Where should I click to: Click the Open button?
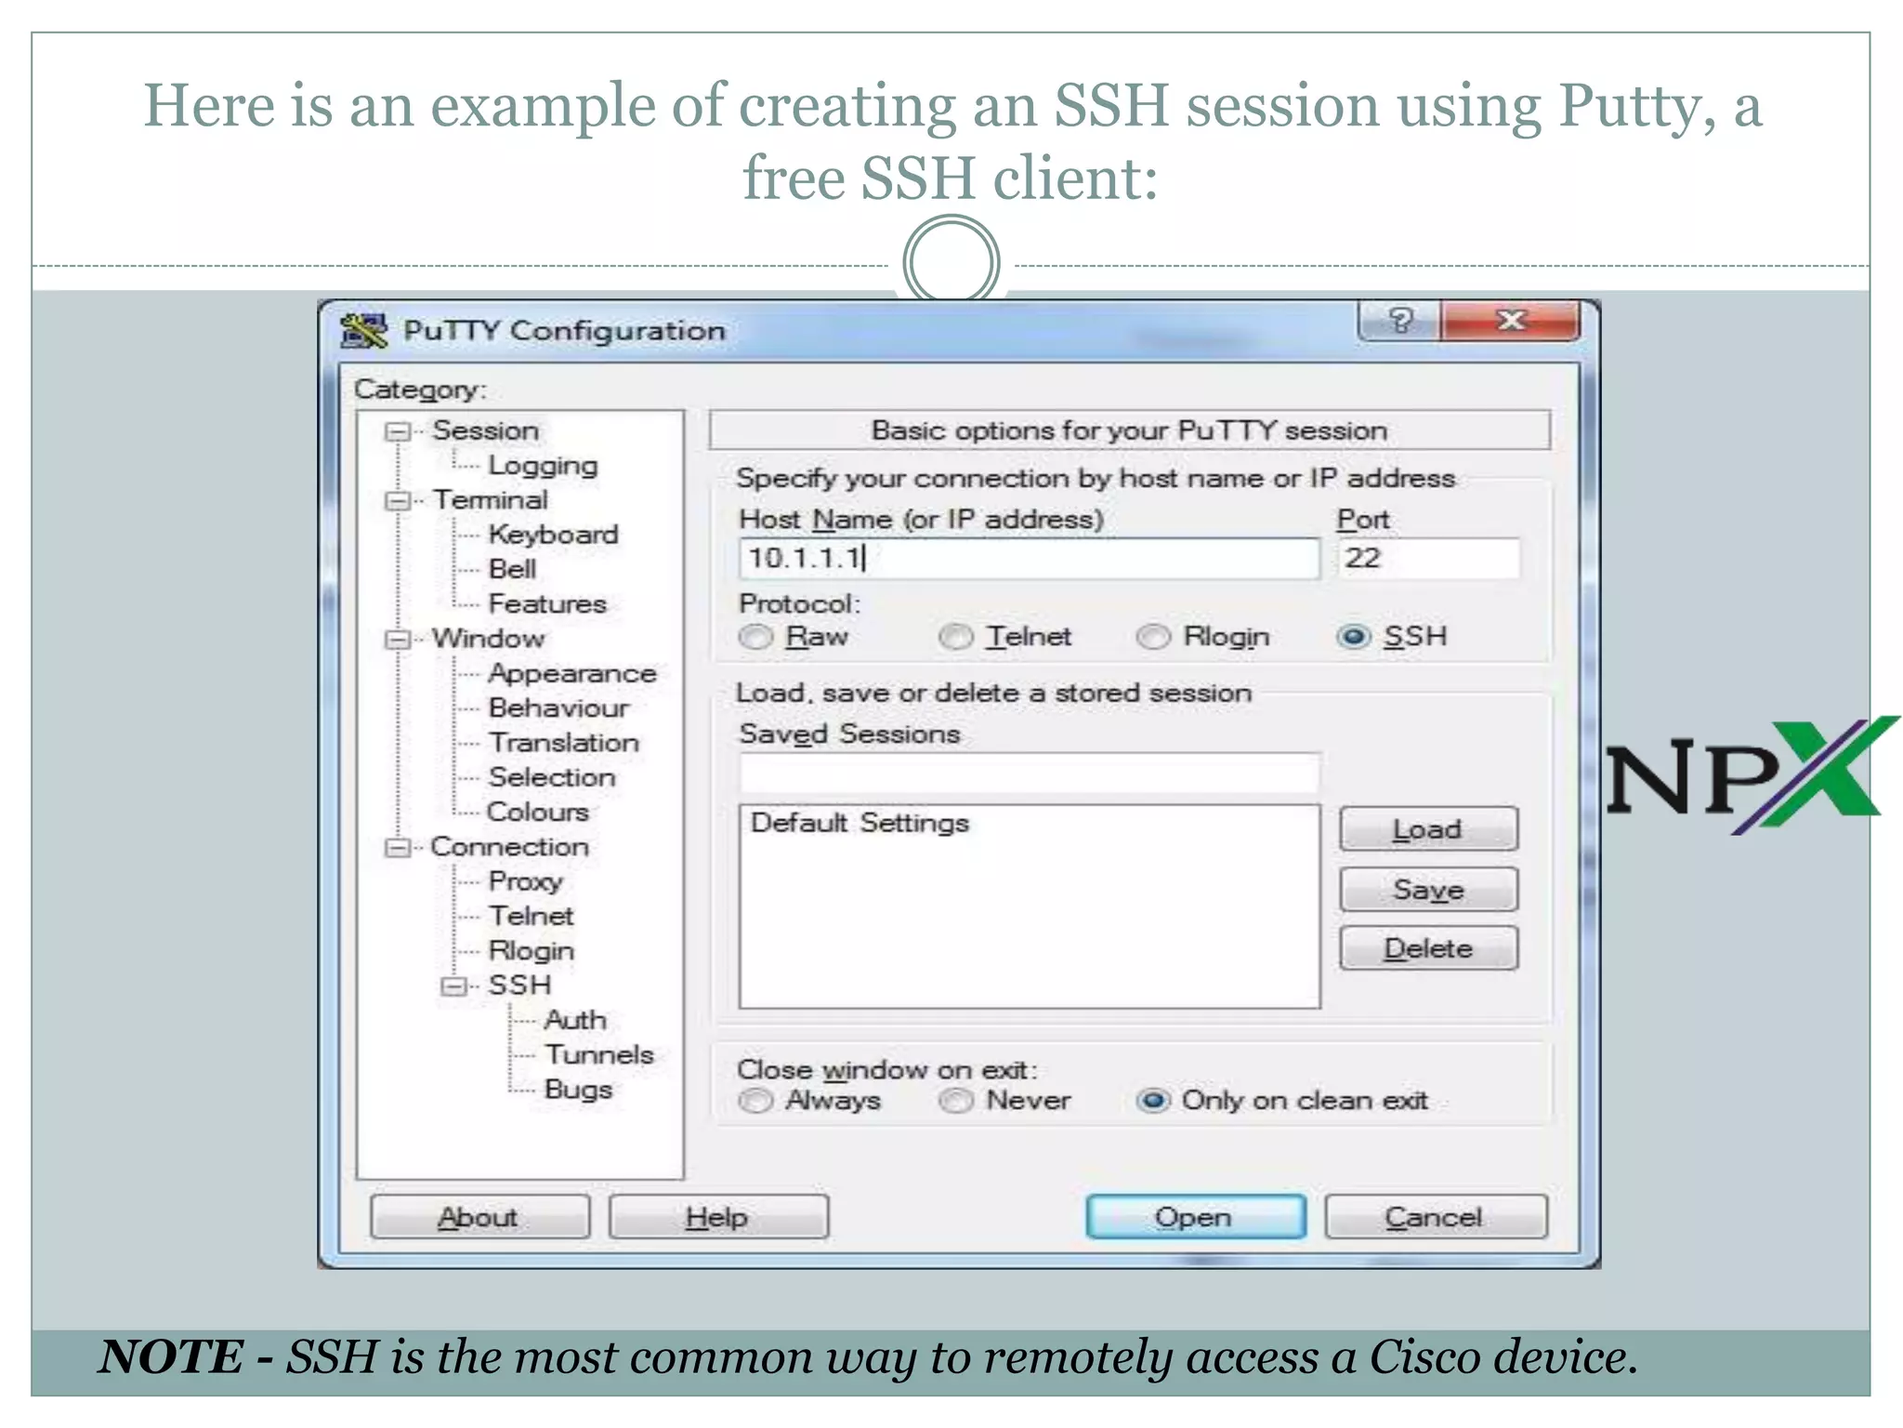tap(1195, 1217)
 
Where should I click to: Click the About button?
tap(479, 1217)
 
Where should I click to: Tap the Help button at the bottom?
tap(717, 1217)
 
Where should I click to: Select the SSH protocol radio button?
tap(1354, 637)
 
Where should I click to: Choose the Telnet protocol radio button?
tap(955, 637)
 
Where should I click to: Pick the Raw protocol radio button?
tap(755, 637)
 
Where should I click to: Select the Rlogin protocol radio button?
tap(1154, 637)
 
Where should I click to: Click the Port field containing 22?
tap(1427, 559)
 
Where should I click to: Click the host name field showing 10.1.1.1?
tap(1028, 559)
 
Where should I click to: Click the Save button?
tap(1428, 890)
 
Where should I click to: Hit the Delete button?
tap(1428, 948)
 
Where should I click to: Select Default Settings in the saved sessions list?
tap(860, 823)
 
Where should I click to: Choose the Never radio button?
tap(955, 1101)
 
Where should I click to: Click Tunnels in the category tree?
tap(599, 1054)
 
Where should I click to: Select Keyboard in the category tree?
tap(553, 535)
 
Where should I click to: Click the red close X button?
tap(1511, 321)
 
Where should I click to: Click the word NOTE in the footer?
tap(172, 1356)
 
